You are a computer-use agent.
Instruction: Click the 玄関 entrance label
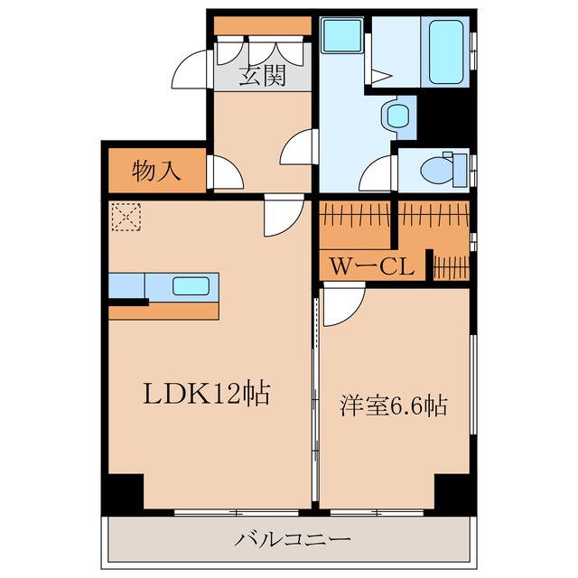[x=262, y=76]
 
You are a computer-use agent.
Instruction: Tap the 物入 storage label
[x=156, y=171]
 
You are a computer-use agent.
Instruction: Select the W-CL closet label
[x=371, y=266]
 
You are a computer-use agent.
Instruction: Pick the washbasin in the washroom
[x=395, y=116]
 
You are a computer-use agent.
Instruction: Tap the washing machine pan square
[x=342, y=37]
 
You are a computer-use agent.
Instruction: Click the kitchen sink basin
[x=192, y=287]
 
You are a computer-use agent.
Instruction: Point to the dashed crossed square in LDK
[x=122, y=217]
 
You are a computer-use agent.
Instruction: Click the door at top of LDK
[x=282, y=218]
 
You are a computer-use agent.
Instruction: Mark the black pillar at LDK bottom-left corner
[x=123, y=492]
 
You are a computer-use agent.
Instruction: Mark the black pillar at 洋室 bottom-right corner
[x=452, y=492]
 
